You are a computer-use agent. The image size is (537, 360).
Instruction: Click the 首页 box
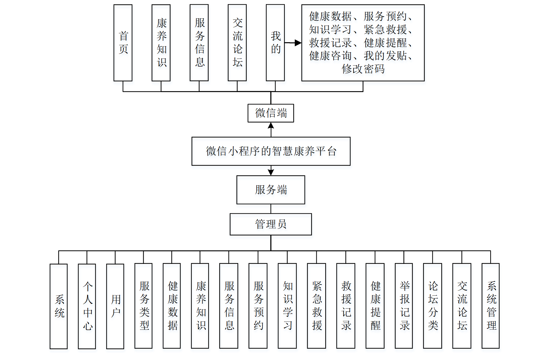[x=123, y=43]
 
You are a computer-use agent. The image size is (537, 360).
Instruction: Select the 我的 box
[x=275, y=43]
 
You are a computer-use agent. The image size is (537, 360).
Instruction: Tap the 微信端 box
[x=271, y=113]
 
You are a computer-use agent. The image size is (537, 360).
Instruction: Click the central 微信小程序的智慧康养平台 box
[x=271, y=151]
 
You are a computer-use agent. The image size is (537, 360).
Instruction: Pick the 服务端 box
[x=271, y=190]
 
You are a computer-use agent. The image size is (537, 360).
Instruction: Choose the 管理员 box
[x=271, y=224]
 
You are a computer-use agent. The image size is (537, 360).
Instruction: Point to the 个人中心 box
[x=87, y=306]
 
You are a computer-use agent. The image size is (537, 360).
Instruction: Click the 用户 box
[x=115, y=306]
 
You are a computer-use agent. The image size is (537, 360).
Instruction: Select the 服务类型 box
[x=143, y=306]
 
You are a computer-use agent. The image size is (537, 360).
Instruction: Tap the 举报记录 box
[x=404, y=306]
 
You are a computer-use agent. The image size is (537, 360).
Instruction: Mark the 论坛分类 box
[x=432, y=306]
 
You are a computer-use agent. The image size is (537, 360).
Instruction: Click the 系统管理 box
[x=491, y=306]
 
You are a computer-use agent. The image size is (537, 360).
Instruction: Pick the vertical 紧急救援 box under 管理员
[x=316, y=306]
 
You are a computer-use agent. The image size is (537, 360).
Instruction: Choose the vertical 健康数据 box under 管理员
[x=172, y=306]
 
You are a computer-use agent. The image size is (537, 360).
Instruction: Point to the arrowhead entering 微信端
[x=271, y=126]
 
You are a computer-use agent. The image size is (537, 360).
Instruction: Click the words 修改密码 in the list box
[x=363, y=69]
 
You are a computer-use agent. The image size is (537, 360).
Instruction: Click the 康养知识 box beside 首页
[x=161, y=43]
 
